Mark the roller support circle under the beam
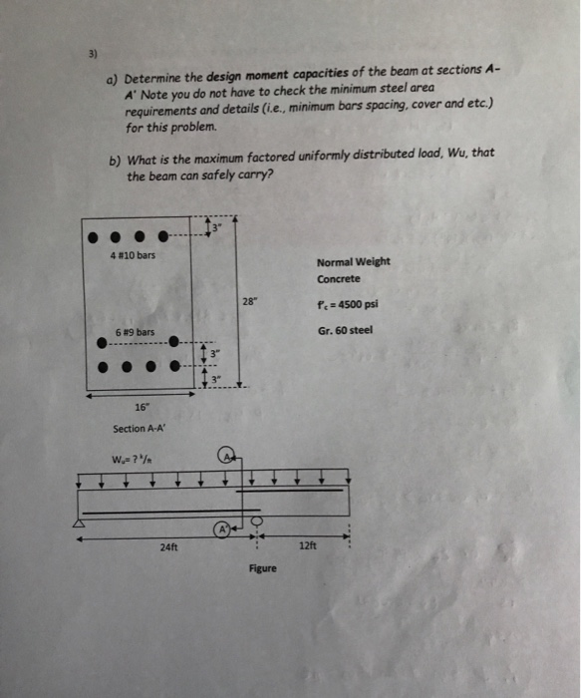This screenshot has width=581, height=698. click(x=257, y=523)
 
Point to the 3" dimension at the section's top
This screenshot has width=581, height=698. click(x=213, y=229)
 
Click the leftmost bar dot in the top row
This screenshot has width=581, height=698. click(x=93, y=239)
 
